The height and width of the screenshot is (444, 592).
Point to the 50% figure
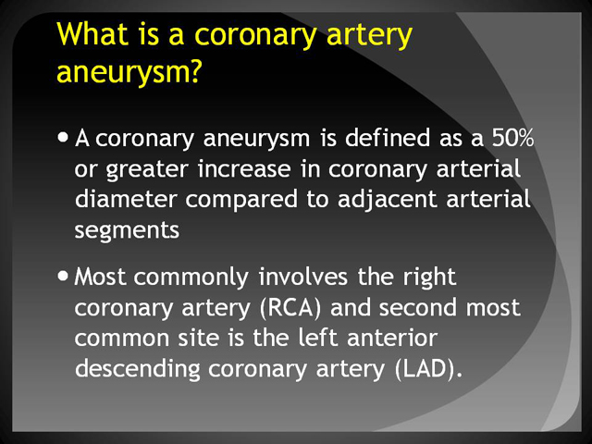coord(512,138)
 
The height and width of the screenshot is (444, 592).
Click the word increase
coord(244,168)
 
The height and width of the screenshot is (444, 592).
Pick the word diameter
coord(126,199)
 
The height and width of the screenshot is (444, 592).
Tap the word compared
coord(240,201)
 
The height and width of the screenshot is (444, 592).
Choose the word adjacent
coord(388,201)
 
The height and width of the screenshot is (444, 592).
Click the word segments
coord(127,231)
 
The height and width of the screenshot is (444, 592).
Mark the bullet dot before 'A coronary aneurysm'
coord(63,137)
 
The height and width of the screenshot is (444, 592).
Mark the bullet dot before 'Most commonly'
coord(63,276)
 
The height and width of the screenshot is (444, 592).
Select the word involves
coord(303,277)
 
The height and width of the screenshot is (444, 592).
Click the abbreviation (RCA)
coord(290,308)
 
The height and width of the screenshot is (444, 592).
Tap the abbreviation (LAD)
coord(428,369)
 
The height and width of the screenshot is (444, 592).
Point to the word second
coord(418,307)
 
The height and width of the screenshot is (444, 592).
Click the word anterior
coord(392,337)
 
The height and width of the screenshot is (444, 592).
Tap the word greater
coord(147,170)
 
